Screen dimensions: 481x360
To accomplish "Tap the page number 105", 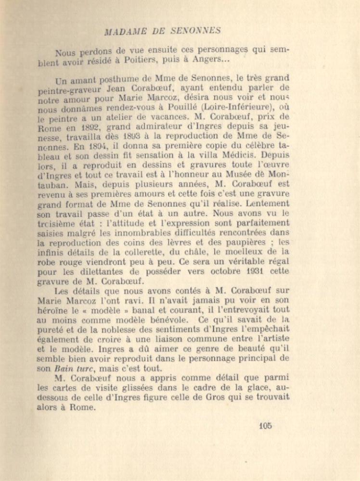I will point(265,425).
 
